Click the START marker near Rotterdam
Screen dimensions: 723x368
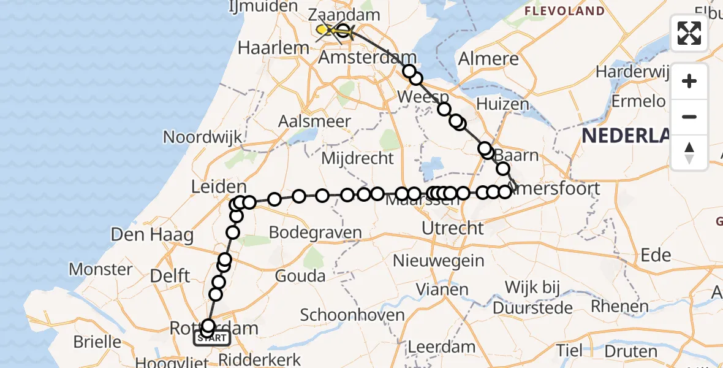pos(212,337)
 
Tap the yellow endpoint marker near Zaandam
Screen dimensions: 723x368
pos(322,29)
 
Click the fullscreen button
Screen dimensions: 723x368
pos(689,33)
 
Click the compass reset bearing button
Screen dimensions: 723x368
pos(689,153)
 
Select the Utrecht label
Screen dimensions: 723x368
pos(453,229)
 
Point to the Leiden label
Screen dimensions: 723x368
pos(219,187)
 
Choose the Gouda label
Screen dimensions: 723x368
pos(300,276)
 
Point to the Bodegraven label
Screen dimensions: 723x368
pos(315,233)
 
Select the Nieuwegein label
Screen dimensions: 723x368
pos(438,260)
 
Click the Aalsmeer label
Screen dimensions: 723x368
pos(314,121)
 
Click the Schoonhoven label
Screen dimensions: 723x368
pos(352,315)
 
